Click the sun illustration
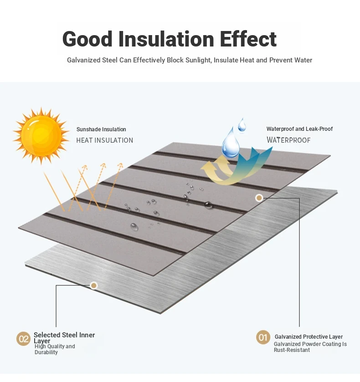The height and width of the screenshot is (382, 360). click(41, 135)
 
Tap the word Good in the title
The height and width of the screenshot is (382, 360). click(87, 39)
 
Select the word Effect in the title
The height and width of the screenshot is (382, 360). click(248, 39)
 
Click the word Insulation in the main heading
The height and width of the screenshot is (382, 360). click(166, 39)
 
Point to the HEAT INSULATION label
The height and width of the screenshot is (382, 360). click(104, 140)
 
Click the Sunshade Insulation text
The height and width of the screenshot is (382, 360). click(101, 129)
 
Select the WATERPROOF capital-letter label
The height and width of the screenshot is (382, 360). click(288, 140)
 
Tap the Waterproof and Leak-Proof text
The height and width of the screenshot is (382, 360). click(299, 129)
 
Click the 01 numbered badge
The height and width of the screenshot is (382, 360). click(263, 337)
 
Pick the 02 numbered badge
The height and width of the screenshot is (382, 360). click(23, 339)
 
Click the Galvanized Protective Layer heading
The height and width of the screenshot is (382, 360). click(309, 337)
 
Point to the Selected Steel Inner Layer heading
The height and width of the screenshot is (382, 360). click(64, 338)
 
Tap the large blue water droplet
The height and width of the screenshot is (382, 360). click(231, 144)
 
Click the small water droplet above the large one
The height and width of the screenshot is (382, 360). click(242, 125)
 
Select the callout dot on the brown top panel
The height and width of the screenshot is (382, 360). click(259, 198)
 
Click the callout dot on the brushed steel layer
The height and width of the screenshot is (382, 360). click(94, 285)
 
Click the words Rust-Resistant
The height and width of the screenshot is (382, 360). click(292, 350)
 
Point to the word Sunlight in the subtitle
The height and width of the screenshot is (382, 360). click(198, 60)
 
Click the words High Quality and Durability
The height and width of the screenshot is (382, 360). click(55, 349)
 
